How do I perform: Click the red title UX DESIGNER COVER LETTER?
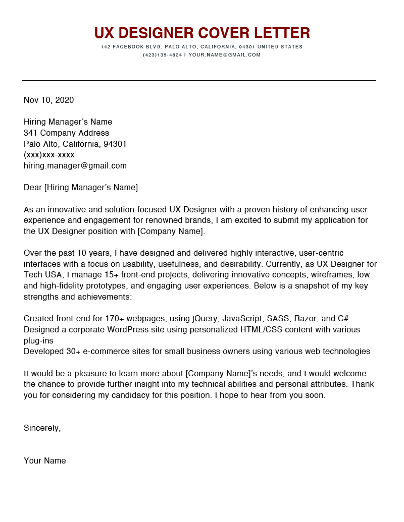coord(202,33)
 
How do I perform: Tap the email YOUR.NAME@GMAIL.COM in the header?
coord(225,55)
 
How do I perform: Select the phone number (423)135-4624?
coord(162,55)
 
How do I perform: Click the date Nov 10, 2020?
coord(48,100)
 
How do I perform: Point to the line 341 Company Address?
coord(66,133)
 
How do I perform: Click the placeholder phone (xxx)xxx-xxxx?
coord(49,155)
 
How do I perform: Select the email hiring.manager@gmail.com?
coord(75,166)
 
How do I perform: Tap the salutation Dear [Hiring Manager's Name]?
coord(81,188)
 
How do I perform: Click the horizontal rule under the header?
coord(198,80)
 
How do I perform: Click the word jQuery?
coord(206,319)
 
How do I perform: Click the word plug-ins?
coord(38,340)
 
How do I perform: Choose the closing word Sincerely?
coord(42,428)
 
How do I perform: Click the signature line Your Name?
coord(44,461)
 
